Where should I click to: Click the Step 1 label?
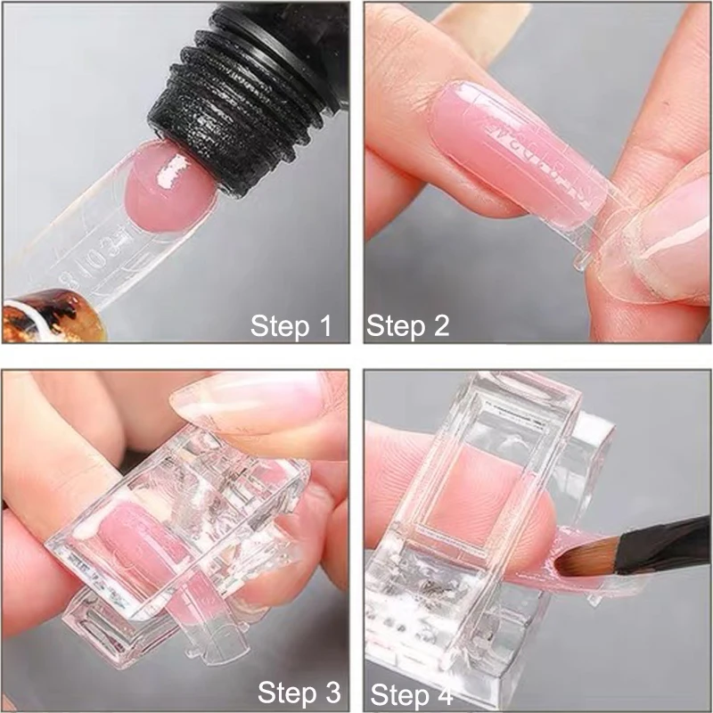pyautogui.click(x=291, y=325)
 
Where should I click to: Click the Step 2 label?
pyautogui.click(x=407, y=325)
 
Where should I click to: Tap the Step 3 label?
pyautogui.click(x=299, y=691)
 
